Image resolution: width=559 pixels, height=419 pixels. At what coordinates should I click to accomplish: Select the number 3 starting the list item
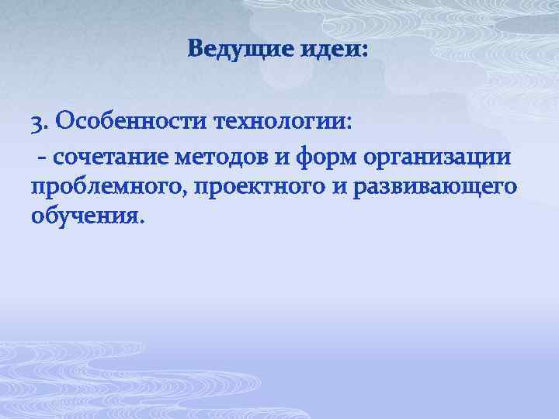coord(36,122)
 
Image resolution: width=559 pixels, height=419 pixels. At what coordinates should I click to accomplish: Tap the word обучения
coord(83,214)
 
